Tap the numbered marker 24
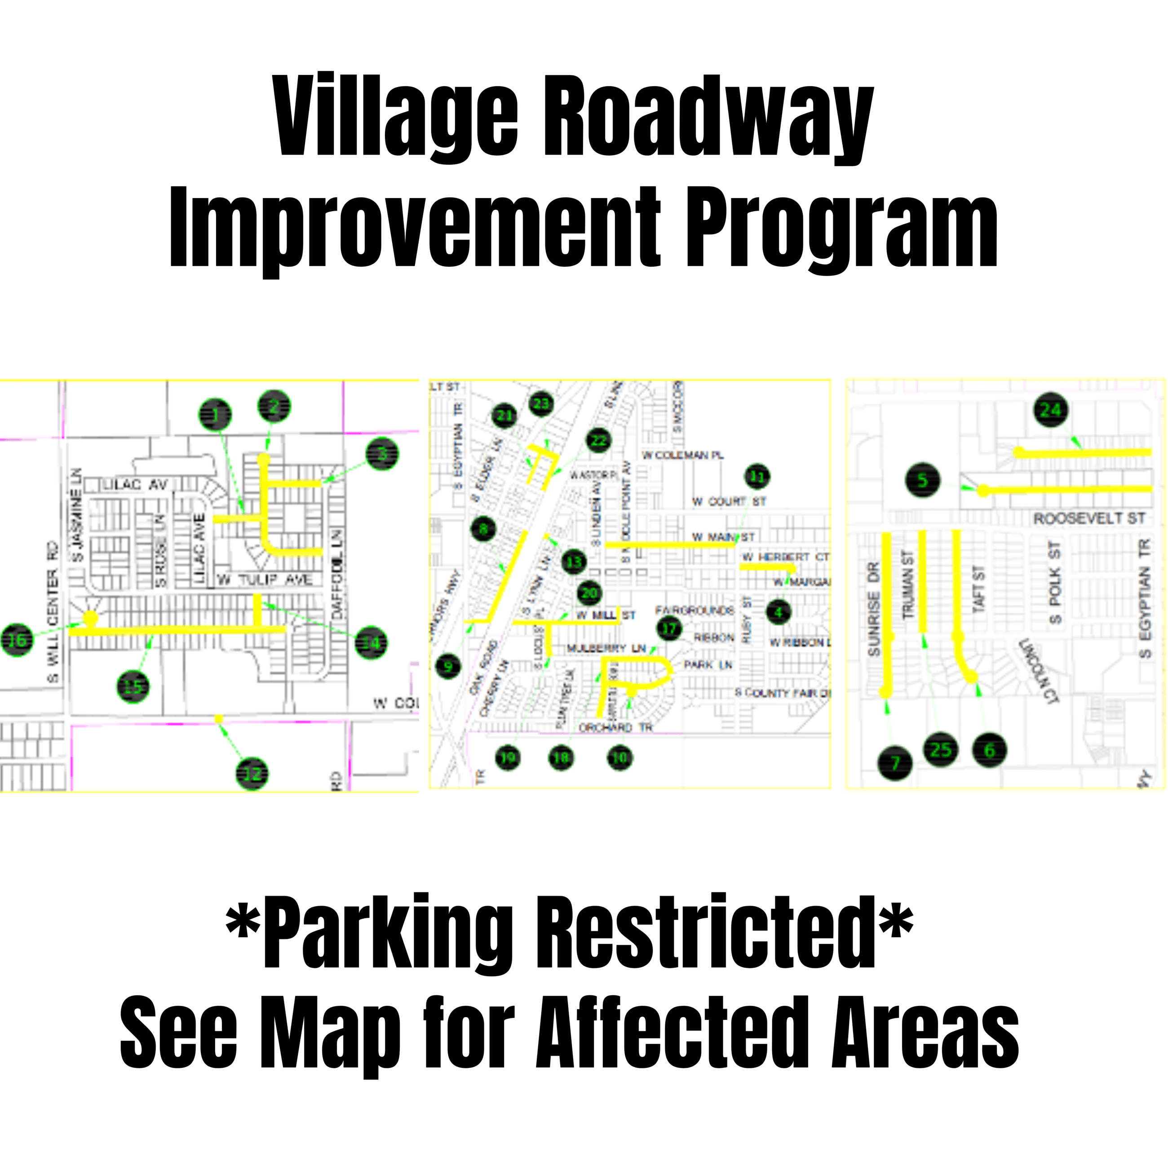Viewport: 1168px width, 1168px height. pos(1051,410)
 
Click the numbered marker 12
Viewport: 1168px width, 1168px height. pos(252,773)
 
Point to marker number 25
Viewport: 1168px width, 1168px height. pos(941,750)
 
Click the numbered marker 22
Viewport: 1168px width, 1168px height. pos(598,440)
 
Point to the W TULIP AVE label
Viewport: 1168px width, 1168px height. pos(265,580)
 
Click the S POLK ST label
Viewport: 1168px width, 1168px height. pos(1055,582)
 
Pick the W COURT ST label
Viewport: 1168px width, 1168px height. pos(729,501)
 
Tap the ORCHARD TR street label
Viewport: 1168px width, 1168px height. pos(615,727)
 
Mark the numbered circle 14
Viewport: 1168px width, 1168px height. pos(371,643)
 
